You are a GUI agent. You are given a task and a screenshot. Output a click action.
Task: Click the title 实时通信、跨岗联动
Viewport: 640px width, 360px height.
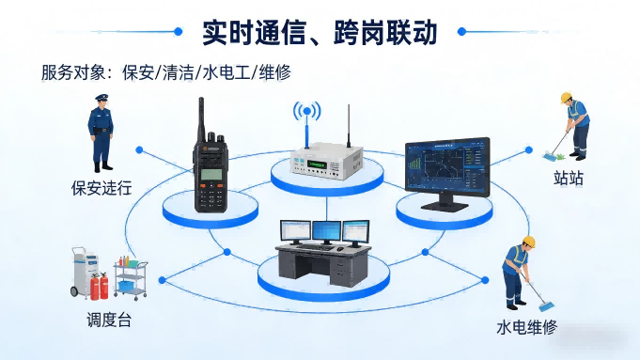coord(320,31)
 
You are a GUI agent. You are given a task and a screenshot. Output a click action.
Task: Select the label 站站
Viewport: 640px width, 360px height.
coord(569,178)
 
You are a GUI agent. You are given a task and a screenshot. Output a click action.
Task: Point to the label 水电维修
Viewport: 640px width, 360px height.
coord(526,328)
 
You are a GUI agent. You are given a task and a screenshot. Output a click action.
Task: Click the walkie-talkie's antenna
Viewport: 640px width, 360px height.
coord(201,117)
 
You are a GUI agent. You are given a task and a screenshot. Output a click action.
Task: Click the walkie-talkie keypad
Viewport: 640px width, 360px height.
coord(211,196)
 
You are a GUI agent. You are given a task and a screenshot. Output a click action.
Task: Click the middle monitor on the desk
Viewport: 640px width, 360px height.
coord(325,231)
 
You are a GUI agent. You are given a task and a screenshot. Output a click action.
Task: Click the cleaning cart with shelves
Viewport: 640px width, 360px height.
coord(131,279)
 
